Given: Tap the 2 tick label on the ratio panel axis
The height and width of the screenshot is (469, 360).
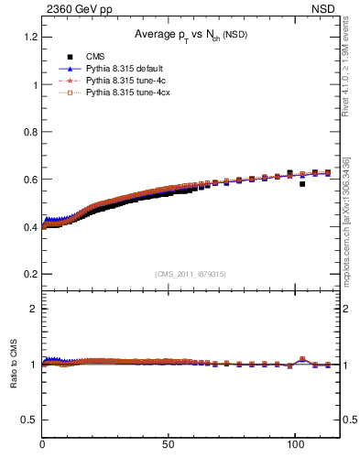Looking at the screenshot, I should click(33, 309).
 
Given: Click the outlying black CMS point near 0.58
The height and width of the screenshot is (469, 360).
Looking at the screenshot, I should click(302, 184).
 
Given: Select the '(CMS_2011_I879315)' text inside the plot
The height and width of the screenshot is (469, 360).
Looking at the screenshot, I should click(191, 273).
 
